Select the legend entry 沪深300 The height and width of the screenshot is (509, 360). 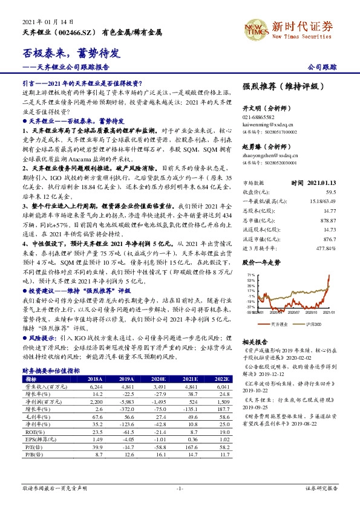point(313,325)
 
